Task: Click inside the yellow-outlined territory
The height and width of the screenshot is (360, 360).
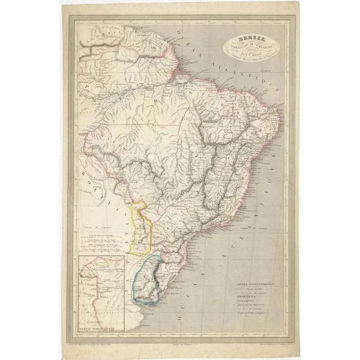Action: tap(142, 228)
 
